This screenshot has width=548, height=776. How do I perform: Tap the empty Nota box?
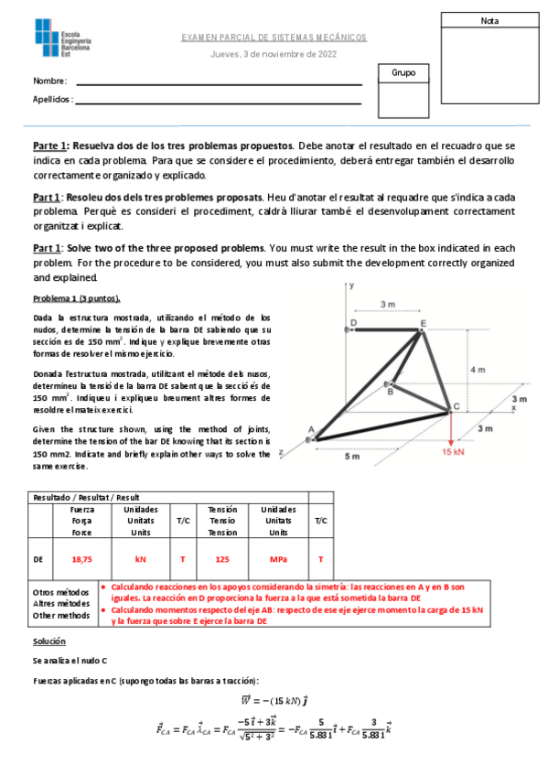click(489, 64)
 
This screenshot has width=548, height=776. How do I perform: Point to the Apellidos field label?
click(53, 99)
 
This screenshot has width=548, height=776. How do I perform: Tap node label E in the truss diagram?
click(423, 323)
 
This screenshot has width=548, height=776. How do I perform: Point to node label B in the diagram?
click(390, 392)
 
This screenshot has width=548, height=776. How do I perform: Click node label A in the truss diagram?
click(310, 429)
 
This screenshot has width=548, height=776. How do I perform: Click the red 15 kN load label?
click(453, 450)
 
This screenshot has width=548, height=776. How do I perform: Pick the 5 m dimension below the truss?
click(353, 457)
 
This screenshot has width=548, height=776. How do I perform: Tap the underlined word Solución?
click(49, 641)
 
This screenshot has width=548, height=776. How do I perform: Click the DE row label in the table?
click(38, 558)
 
